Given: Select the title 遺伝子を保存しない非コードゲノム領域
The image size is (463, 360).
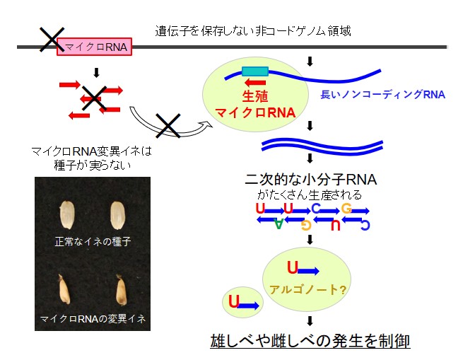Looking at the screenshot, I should coord(253,31).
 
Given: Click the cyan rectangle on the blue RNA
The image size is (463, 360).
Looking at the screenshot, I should coord(255,71).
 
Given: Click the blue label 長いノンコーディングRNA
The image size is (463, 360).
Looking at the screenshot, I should coord(382,95).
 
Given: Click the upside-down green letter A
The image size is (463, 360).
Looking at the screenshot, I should coord(279,225).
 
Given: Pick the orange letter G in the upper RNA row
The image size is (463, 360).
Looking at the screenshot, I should coord(346,208).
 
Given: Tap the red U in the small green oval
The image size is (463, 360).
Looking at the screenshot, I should coord(234,302).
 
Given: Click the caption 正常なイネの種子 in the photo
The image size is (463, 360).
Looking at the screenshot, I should coord(93,242).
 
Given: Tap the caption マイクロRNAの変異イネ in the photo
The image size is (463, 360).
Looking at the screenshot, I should coord(93,319).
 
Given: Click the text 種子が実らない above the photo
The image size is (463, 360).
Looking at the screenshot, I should coord(92,164).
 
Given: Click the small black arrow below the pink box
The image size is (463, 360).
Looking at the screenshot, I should coord(96,71).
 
